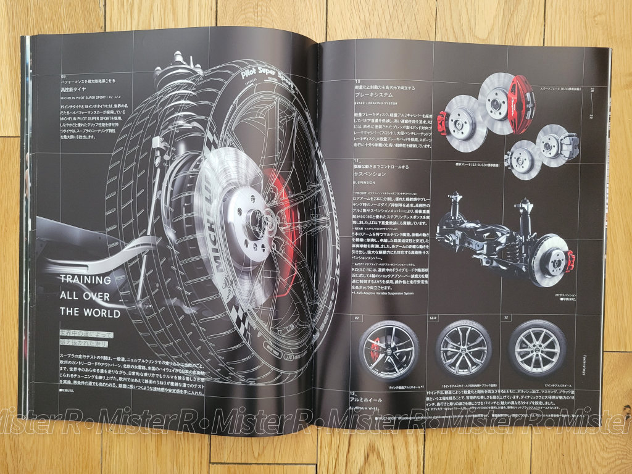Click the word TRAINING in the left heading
85,280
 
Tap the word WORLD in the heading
98,313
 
